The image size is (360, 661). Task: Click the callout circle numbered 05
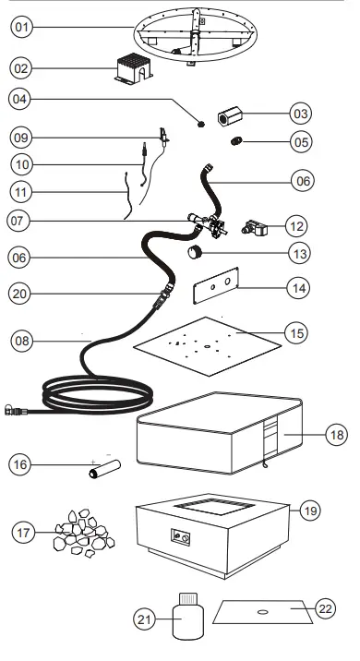301,143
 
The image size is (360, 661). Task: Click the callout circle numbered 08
21,341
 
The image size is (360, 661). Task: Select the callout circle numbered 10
21,164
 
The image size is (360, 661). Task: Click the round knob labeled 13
196,253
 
